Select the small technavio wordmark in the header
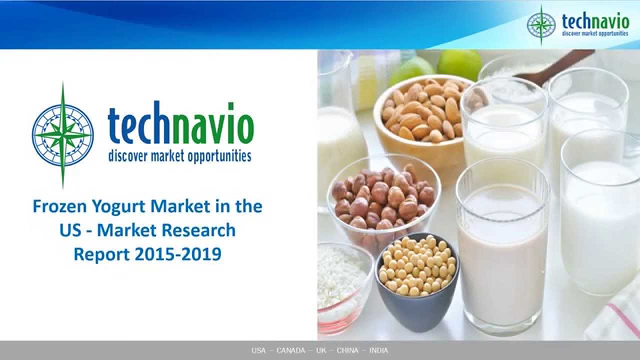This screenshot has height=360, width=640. (x=595, y=20)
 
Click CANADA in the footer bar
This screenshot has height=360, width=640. (x=290, y=350)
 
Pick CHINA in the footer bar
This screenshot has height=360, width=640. (x=347, y=350)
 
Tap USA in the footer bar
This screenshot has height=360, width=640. (x=258, y=350)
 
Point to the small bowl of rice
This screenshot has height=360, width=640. (x=342, y=280)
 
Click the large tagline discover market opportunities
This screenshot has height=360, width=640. (x=179, y=156)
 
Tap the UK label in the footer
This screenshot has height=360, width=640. (x=321, y=350)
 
